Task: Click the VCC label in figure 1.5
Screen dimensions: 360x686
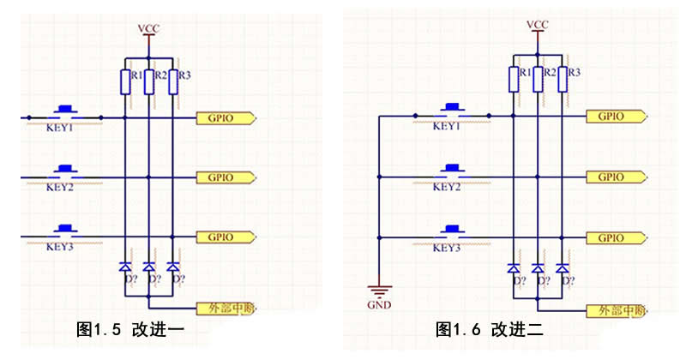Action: pyautogui.click(x=148, y=30)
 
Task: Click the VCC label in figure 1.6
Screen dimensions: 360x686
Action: pyautogui.click(x=538, y=24)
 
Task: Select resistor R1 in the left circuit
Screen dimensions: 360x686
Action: pyautogui.click(x=126, y=81)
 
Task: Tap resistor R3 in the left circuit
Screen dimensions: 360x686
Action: pyautogui.click(x=174, y=81)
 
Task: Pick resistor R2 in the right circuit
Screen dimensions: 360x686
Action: pyautogui.click(x=539, y=78)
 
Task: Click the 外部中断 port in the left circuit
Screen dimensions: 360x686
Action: pyautogui.click(x=227, y=308)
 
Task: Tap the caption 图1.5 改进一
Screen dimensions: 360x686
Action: pyautogui.click(x=130, y=329)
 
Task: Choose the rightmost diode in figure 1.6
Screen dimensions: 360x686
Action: pyautogui.click(x=563, y=268)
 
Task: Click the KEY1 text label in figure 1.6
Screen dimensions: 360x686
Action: pyautogui.click(x=447, y=127)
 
